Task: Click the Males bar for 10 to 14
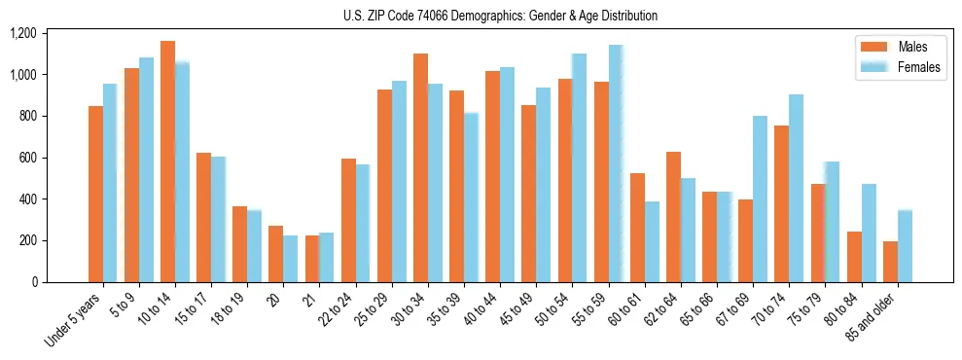(x=167, y=162)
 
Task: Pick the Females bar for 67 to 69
(x=760, y=198)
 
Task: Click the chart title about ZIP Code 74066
(x=500, y=16)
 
